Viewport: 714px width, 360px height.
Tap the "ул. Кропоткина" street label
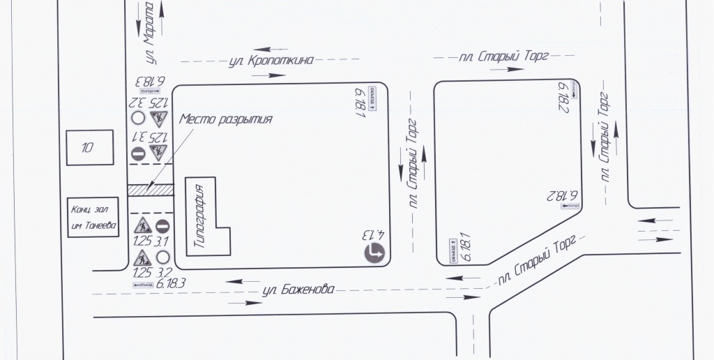[x=271, y=61]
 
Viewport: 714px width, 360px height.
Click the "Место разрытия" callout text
[x=225, y=119]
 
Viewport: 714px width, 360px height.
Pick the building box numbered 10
[x=89, y=147]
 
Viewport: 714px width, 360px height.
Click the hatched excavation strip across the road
[x=150, y=189]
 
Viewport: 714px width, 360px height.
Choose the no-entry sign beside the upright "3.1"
[x=162, y=225]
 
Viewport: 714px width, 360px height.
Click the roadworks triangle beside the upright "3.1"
[x=142, y=225]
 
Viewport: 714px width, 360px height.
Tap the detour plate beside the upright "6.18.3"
[x=142, y=284]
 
